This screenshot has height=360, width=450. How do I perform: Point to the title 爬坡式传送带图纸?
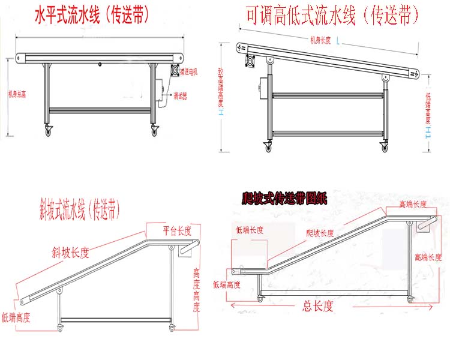[283, 199]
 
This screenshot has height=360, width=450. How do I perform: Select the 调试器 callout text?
[181, 95]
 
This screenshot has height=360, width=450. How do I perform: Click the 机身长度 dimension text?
[322, 41]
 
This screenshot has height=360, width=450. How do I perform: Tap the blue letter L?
[338, 41]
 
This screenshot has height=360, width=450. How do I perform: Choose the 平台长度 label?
[177, 230]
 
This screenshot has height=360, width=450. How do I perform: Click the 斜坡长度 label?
[71, 253]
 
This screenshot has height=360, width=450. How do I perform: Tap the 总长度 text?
[316, 307]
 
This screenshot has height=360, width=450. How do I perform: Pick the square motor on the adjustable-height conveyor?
[250, 61]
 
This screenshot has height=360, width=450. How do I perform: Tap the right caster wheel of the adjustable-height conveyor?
[383, 146]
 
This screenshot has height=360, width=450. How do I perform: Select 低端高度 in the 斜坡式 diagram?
[16, 317]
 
